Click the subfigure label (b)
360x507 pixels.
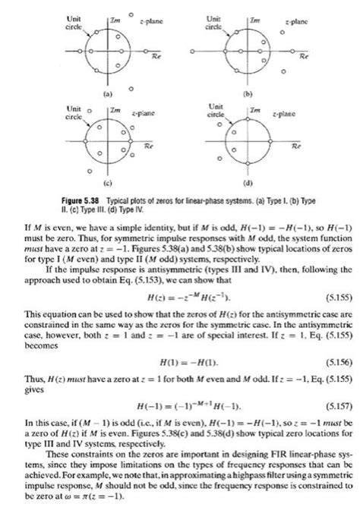point(245,95)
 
